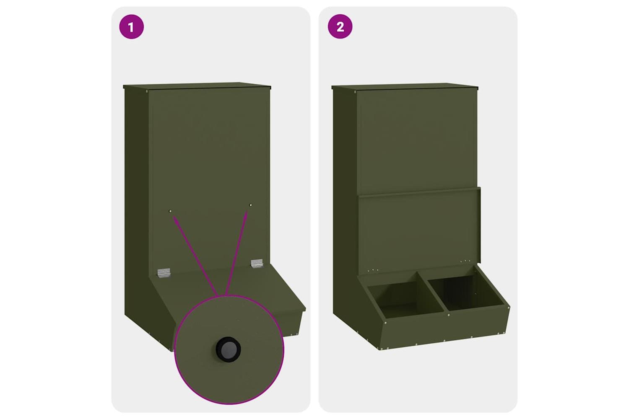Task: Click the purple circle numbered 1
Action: click(x=131, y=27)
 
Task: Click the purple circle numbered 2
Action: click(x=340, y=27)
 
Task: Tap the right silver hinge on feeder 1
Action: click(x=257, y=264)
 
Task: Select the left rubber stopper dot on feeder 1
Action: click(x=170, y=211)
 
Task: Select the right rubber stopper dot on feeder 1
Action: click(x=250, y=205)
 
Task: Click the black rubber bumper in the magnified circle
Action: click(x=228, y=349)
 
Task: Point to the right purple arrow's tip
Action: click(x=247, y=211)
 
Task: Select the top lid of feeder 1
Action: click(x=197, y=86)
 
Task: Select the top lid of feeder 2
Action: click(x=405, y=86)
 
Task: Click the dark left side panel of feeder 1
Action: click(x=137, y=202)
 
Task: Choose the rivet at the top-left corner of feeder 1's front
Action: click(x=148, y=91)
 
